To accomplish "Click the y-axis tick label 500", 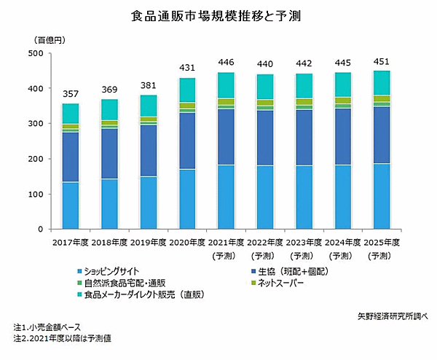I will tap(35, 53).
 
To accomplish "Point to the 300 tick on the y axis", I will tap(35, 124).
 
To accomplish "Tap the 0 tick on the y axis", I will tap(41, 230).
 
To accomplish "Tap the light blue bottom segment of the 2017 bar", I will tap(70, 206).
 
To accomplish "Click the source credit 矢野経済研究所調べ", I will tap(390, 316).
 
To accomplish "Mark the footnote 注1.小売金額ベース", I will tap(50, 327).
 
